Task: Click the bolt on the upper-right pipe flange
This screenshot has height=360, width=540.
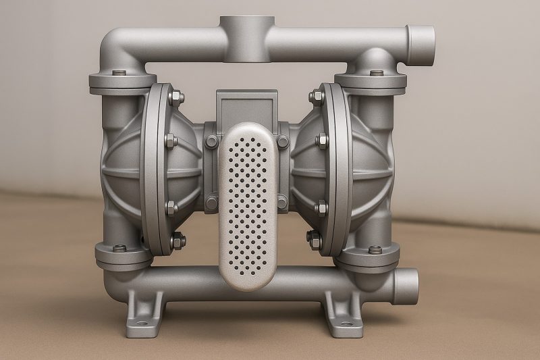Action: [377, 73]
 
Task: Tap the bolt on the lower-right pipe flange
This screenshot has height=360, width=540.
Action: [375, 249]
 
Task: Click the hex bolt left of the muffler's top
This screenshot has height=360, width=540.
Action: [213, 141]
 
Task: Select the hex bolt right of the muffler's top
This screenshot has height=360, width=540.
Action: [282, 141]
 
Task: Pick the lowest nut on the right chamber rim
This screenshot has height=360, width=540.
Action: [315, 237]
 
